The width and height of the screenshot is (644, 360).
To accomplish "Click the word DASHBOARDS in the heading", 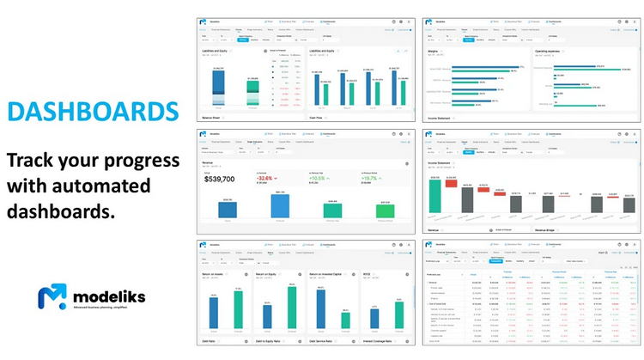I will (x=93, y=113).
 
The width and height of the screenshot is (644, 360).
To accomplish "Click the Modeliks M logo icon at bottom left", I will (x=52, y=298).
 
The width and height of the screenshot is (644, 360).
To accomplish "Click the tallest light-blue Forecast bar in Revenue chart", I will (x=279, y=206).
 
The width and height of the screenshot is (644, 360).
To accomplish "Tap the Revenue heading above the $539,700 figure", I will (x=209, y=160).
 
